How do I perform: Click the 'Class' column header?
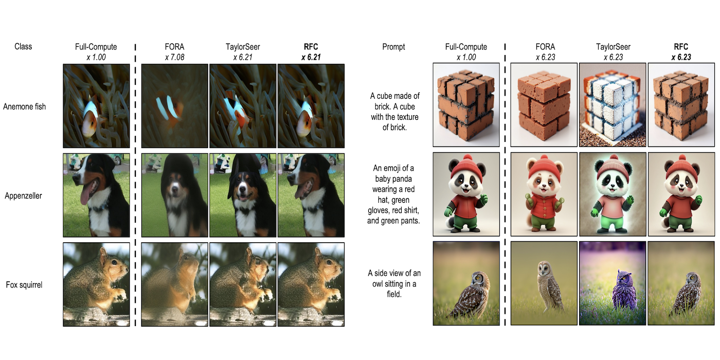(23, 47)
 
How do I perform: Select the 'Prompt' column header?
(393, 47)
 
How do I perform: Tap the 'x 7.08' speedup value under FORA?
(174, 57)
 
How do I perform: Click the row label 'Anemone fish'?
(24, 107)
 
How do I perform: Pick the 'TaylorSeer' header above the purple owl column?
(613, 47)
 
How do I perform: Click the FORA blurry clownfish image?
(174, 106)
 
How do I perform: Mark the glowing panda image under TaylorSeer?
(613, 194)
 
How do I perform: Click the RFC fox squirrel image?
(311, 284)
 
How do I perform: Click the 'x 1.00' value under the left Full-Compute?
(96, 57)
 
